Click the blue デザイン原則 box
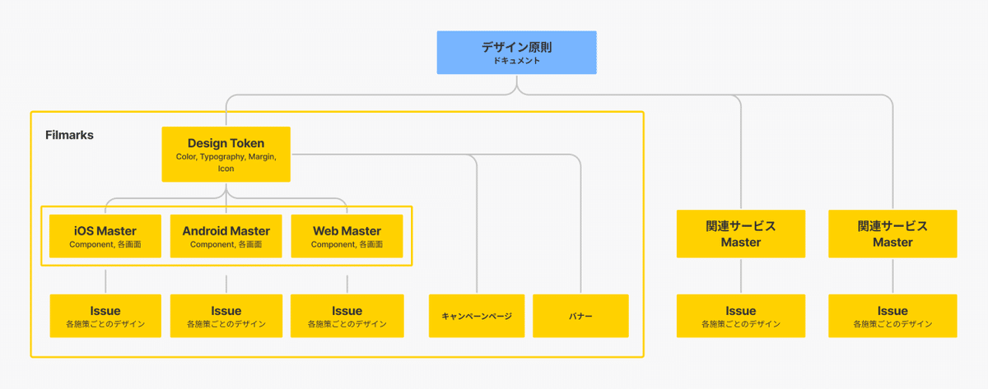click(516, 53)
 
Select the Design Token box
click(226, 154)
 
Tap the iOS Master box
click(105, 236)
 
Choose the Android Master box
click(226, 236)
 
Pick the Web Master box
click(347, 236)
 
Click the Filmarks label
click(69, 135)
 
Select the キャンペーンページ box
click(477, 316)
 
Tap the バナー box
click(580, 316)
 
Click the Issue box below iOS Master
click(105, 316)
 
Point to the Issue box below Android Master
click(226, 316)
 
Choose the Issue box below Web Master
click(347, 316)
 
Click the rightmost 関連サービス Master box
click(892, 234)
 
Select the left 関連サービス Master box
click(741, 234)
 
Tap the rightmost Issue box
click(892, 316)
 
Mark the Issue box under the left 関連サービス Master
click(741, 316)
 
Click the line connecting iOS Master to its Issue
click(105, 281)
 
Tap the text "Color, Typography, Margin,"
click(226, 157)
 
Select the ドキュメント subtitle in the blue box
click(516, 61)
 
